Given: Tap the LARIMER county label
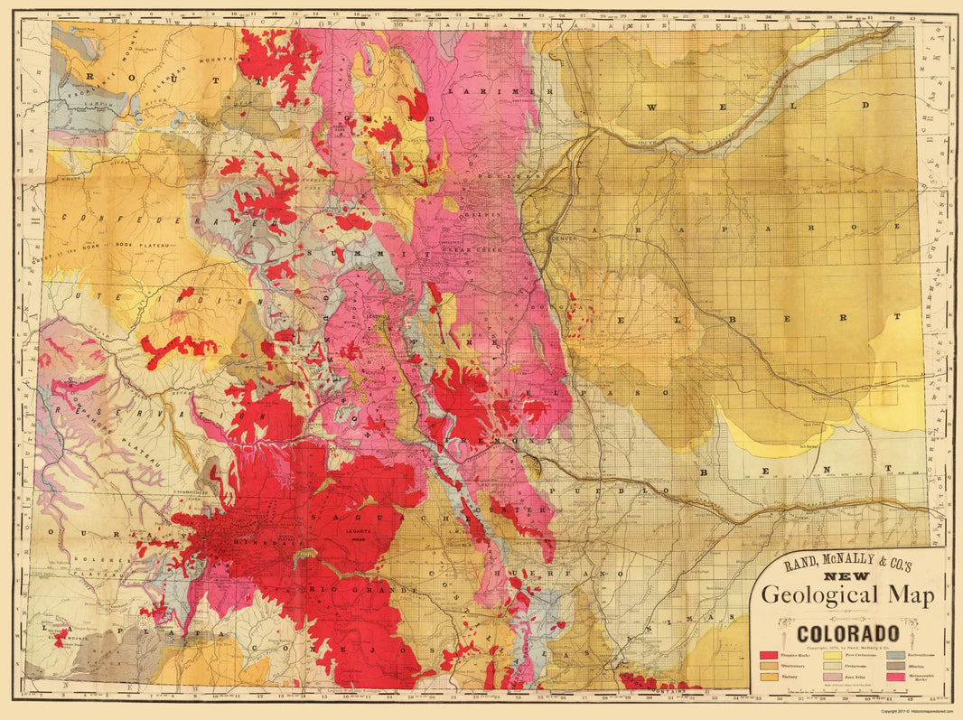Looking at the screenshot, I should click(500, 91).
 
